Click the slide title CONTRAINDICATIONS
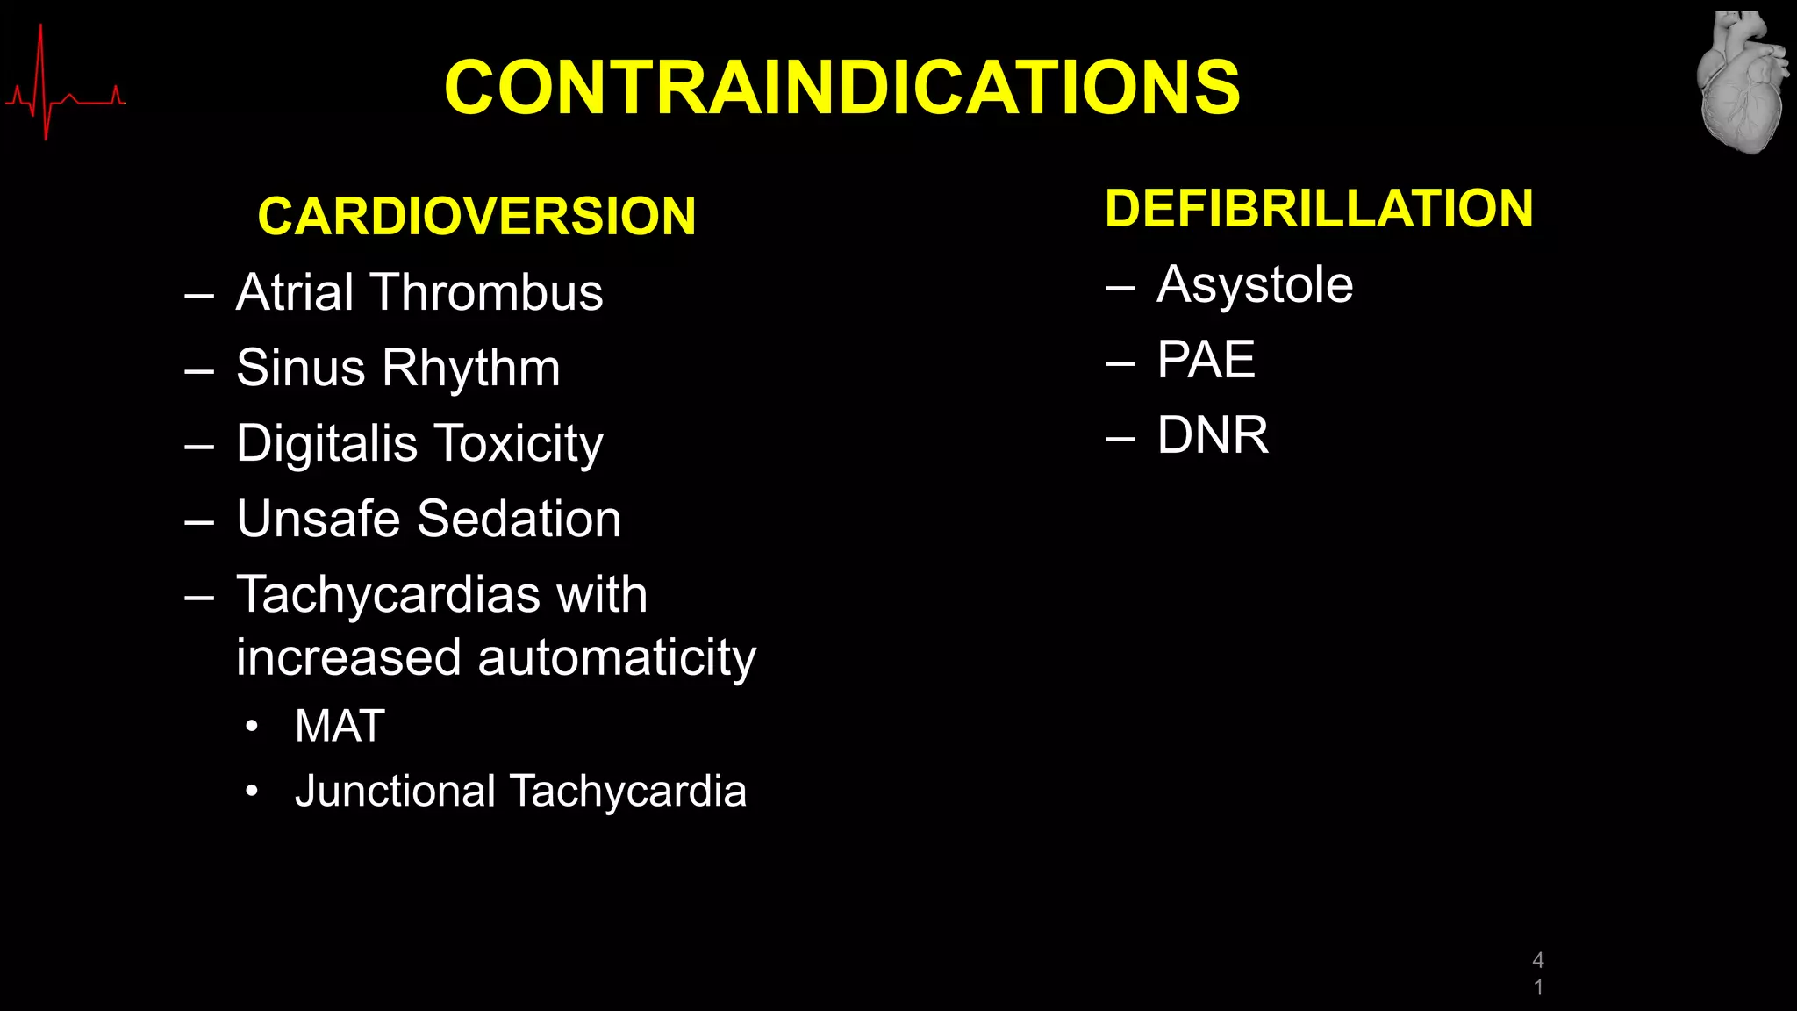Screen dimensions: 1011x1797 click(x=841, y=88)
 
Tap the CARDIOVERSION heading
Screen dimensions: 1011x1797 click(x=476, y=216)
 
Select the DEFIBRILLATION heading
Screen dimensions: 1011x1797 click(x=1319, y=209)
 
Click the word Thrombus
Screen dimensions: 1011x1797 click(x=487, y=292)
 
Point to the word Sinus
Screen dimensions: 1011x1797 click(x=299, y=368)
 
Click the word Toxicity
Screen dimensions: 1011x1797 click(x=519, y=444)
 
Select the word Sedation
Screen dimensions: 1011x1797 click(x=519, y=519)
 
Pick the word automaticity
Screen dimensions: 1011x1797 click(x=617, y=658)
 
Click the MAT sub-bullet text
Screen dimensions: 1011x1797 click(x=340, y=726)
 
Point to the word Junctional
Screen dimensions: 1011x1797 click(x=395, y=792)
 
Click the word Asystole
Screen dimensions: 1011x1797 click(x=1255, y=284)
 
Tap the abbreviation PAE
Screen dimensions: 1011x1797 click(x=1206, y=360)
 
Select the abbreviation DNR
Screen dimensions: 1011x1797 click(x=1213, y=435)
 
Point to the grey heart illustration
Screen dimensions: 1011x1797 click(x=1742, y=83)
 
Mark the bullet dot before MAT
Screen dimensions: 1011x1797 click(x=252, y=727)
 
